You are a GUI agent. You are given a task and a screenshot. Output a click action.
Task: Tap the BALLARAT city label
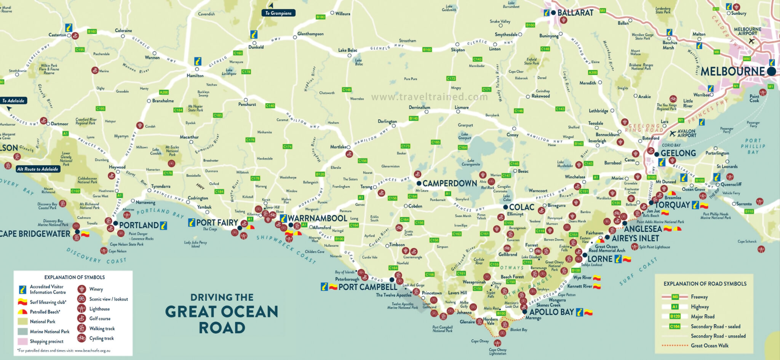click(x=575, y=13)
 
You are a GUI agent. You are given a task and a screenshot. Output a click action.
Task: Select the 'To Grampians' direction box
click(x=278, y=13)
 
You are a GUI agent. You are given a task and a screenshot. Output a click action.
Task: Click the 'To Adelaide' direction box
click(x=13, y=101)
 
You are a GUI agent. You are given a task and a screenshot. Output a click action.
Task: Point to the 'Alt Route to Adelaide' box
click(x=38, y=169)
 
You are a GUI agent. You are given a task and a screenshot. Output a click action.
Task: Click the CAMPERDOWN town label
click(x=449, y=184)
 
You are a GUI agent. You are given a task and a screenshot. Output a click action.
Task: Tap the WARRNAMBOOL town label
click(x=317, y=219)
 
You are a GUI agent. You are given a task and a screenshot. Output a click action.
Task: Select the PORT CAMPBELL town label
click(x=368, y=287)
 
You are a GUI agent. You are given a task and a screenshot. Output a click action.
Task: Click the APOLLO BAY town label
click(x=551, y=312)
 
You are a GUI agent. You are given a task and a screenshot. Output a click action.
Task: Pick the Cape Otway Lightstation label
click(x=497, y=352)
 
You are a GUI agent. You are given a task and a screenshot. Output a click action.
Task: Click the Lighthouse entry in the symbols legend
click(x=99, y=309)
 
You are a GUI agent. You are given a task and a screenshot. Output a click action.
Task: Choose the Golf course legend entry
click(x=100, y=318)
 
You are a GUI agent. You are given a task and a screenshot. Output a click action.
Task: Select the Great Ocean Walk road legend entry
click(x=710, y=346)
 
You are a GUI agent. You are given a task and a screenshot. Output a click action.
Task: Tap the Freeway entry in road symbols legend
click(x=699, y=297)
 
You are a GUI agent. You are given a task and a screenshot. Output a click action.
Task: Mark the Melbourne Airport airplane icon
click(x=751, y=41)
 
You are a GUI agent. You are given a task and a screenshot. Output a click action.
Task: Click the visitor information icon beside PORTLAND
click(x=163, y=225)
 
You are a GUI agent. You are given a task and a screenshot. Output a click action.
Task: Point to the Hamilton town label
click(x=195, y=76)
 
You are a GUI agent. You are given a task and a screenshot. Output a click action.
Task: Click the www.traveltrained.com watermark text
click(x=429, y=97)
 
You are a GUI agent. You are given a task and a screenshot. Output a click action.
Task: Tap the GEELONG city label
click(x=678, y=154)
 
